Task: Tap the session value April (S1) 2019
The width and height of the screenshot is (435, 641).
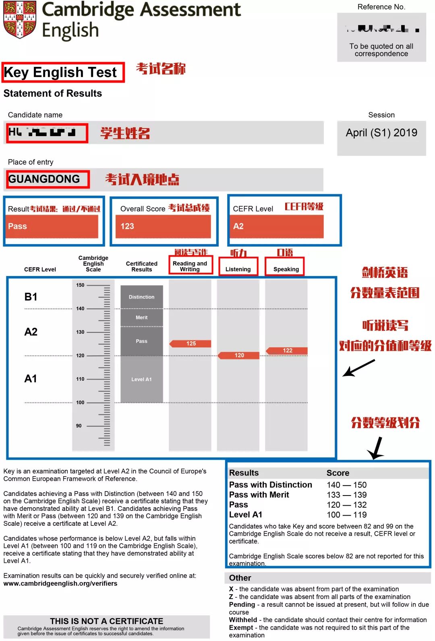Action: point(381,133)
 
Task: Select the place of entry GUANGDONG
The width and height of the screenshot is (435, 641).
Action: point(44,179)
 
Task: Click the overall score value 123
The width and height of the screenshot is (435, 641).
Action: point(127,226)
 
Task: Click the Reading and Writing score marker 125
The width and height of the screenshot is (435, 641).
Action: point(191,344)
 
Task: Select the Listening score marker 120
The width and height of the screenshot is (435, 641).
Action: point(239,355)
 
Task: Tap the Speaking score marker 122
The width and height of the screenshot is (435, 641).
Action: point(287,351)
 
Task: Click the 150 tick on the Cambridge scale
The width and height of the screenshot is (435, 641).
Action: point(81,285)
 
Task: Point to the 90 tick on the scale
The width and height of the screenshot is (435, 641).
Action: point(79,426)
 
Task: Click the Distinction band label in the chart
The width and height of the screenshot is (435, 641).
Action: point(141,297)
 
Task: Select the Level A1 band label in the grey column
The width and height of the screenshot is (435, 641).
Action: point(141,380)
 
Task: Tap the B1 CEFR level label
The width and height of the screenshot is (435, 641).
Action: point(31,297)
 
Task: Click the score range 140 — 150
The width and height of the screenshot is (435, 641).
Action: point(346,485)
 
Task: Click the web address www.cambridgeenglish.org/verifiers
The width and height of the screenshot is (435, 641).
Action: point(60,583)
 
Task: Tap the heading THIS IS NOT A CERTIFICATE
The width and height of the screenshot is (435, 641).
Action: point(106,621)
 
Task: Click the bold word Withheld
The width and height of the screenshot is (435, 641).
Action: point(243,620)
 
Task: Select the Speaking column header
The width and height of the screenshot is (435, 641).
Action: point(286,269)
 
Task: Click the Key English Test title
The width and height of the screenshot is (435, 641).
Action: point(60,73)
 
